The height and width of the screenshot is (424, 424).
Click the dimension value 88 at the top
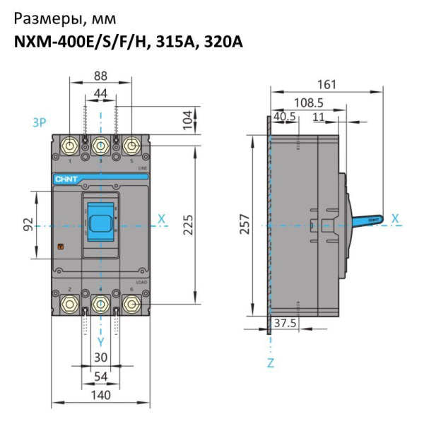tap(101, 76)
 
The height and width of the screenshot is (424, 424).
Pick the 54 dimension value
tap(101, 377)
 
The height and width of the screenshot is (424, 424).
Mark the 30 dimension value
tap(101, 358)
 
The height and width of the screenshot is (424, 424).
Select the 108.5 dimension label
tap(310, 102)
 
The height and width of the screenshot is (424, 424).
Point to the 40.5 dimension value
tap(284, 116)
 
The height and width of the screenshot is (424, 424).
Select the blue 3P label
tap(40, 122)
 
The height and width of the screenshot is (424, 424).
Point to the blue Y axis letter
tap(101, 341)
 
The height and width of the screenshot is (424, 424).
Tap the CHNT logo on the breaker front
tap(65, 179)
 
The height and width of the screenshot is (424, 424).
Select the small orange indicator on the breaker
tap(60, 247)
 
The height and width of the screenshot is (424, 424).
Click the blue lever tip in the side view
tap(373, 220)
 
